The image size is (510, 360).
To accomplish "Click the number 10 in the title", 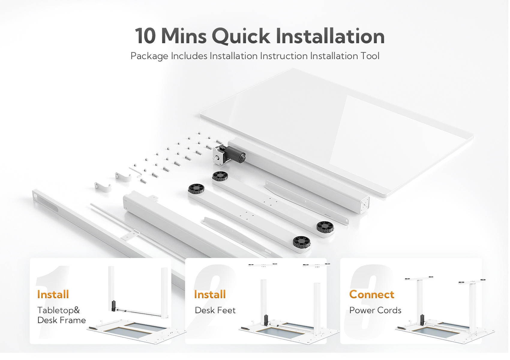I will [x=145, y=36].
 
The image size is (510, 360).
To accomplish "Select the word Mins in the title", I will [x=184, y=36].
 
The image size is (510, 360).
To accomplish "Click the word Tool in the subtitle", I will [x=370, y=56].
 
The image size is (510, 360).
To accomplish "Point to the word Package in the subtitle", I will [x=149, y=56].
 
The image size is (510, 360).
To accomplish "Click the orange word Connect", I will [x=372, y=295].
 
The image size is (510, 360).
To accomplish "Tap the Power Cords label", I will [x=375, y=310].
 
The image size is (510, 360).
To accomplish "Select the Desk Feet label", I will [x=215, y=310].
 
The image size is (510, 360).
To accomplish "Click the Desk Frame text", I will [x=61, y=320].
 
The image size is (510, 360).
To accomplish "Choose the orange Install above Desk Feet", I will [x=210, y=295].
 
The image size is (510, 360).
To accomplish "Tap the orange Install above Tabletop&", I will [x=53, y=295].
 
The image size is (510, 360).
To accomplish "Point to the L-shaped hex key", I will [x=136, y=172].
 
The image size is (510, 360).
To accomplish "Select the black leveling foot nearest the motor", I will [x=220, y=176].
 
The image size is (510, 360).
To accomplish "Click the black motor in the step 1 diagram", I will [x=114, y=306].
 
